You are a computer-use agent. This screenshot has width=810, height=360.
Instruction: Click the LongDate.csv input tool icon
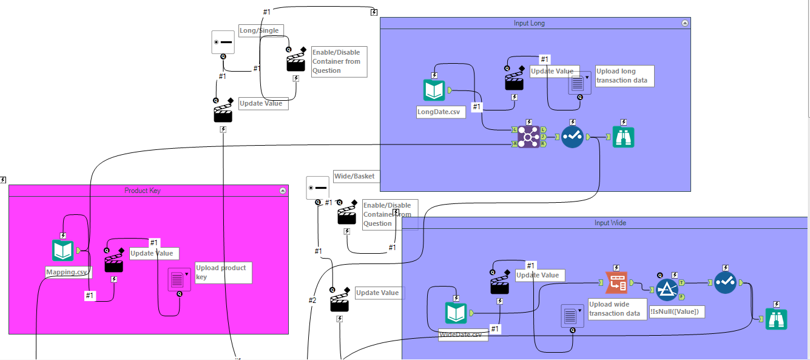[434, 90]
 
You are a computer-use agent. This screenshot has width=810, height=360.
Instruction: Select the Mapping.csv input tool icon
[62, 250]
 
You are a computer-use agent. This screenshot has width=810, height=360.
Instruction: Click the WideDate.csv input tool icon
[456, 313]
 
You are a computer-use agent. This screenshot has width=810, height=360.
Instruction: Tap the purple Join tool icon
[528, 138]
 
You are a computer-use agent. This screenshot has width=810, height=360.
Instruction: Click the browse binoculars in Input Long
[623, 138]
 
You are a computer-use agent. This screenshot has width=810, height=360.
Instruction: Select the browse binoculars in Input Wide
[776, 319]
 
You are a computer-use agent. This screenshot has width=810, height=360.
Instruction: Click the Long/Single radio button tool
[222, 42]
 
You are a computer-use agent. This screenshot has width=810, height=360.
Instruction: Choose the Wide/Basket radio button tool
[317, 188]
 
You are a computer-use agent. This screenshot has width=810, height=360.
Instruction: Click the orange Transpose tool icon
[616, 283]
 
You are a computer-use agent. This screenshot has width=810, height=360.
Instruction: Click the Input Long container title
[529, 23]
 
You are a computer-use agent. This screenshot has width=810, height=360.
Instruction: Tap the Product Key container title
[142, 191]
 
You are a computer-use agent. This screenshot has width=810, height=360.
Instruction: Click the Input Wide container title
[610, 223]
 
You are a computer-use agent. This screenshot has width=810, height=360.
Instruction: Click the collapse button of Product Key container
[282, 191]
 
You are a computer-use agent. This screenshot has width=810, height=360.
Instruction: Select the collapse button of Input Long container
[685, 23]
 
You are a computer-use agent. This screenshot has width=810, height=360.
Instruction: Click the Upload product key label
[222, 272]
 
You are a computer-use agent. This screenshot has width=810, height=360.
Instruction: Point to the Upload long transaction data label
[624, 76]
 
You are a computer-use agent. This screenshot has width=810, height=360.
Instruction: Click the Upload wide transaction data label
[616, 309]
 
